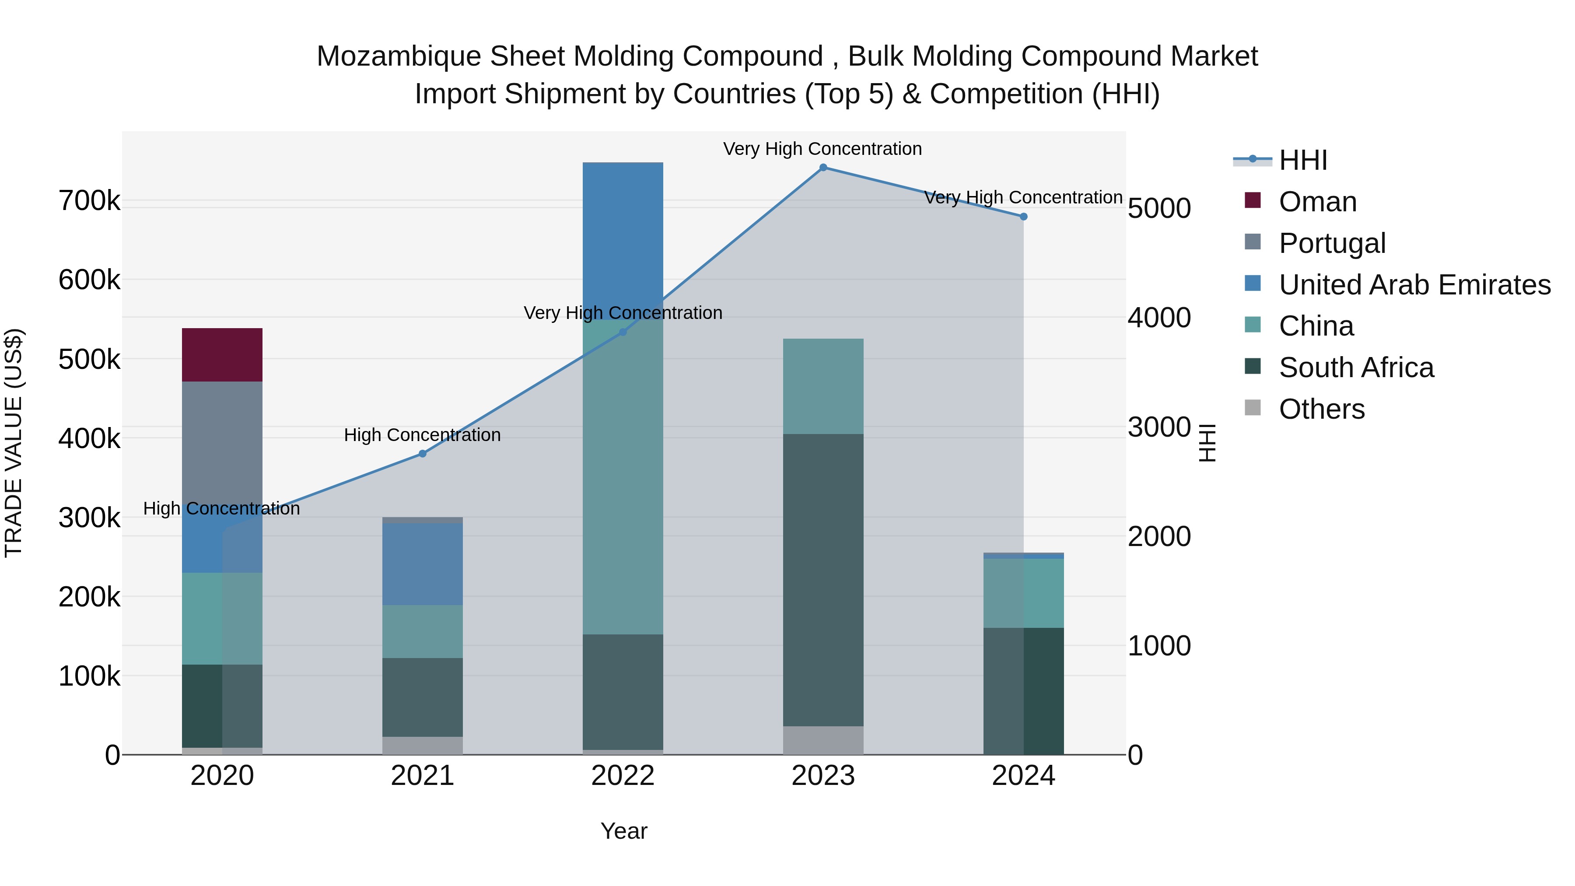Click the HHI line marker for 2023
pos(823,168)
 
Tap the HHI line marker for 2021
pos(423,454)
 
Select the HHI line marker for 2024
pos(1023,217)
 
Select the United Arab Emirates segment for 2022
pos(623,238)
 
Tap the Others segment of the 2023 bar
pos(823,740)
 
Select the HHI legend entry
pos(1302,160)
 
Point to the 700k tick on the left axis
pos(89,200)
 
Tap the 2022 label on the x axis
pos(623,776)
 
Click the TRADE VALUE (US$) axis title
pos(14,443)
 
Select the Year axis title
pos(623,831)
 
